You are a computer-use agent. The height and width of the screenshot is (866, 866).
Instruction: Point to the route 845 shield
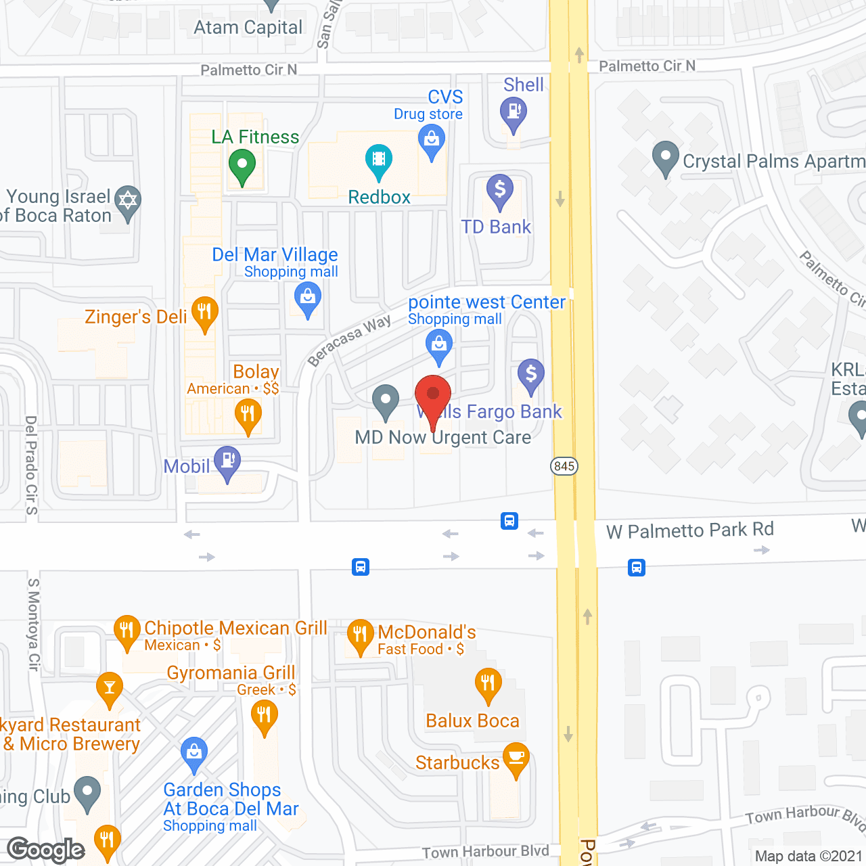pos(564,466)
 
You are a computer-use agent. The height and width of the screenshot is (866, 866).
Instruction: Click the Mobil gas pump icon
pos(227,461)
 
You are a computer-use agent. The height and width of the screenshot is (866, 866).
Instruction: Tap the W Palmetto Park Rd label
pos(690,530)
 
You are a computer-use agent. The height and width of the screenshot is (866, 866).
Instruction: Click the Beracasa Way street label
pos(349,340)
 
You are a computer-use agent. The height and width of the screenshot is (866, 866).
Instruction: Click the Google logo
pos(46,850)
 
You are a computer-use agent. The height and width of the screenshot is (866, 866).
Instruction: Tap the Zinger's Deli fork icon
pos(204,313)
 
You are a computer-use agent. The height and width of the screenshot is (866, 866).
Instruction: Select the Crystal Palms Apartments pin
pos(666,157)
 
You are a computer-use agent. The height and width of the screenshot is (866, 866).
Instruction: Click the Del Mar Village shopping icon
pos(308,298)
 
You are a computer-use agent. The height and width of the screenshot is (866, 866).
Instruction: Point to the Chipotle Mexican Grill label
pos(235,629)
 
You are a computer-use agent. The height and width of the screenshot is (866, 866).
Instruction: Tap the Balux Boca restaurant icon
pos(488,684)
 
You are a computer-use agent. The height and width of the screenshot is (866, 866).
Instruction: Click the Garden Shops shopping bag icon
pos(194,752)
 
